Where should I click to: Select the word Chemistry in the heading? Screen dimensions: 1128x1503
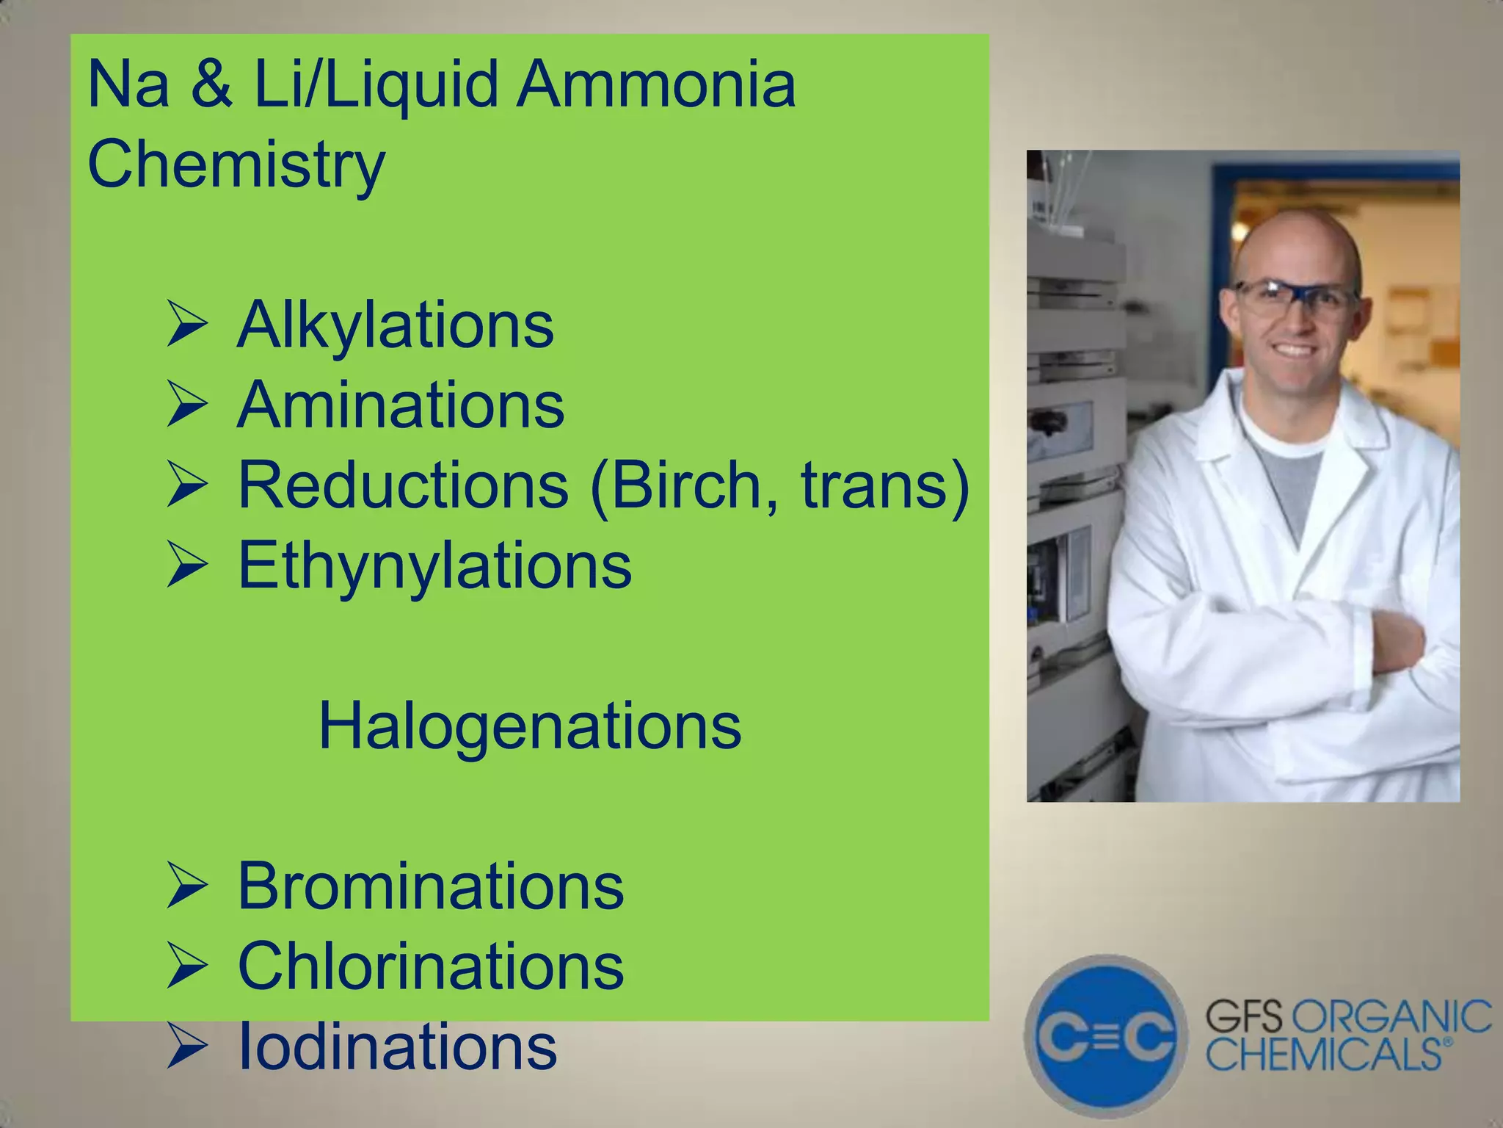point(236,164)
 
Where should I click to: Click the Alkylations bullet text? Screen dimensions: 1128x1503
point(395,325)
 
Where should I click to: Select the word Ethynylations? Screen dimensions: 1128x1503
point(434,565)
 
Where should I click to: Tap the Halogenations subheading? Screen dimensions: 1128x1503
point(529,726)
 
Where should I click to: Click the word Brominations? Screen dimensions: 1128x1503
point(431,886)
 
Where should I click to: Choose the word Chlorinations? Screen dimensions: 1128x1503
point(431,966)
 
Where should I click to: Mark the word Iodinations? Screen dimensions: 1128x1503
point(397,1046)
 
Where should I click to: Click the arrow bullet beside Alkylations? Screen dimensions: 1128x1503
point(187,325)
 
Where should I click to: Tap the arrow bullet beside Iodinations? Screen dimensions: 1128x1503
point(187,1047)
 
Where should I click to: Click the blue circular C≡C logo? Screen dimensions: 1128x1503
point(1106,1036)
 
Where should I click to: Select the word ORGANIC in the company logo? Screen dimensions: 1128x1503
point(1391,1017)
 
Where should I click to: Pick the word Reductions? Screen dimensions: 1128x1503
point(403,485)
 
